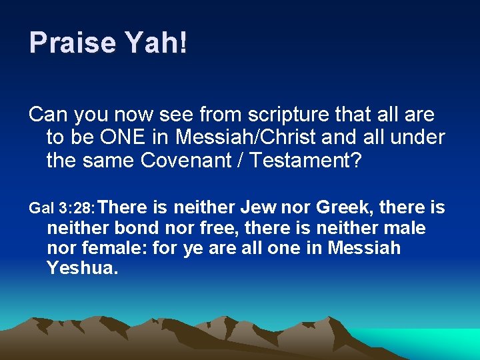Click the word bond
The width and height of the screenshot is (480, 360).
click(137, 229)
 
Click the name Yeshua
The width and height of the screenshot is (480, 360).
click(82, 269)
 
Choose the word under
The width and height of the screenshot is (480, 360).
click(419, 137)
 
